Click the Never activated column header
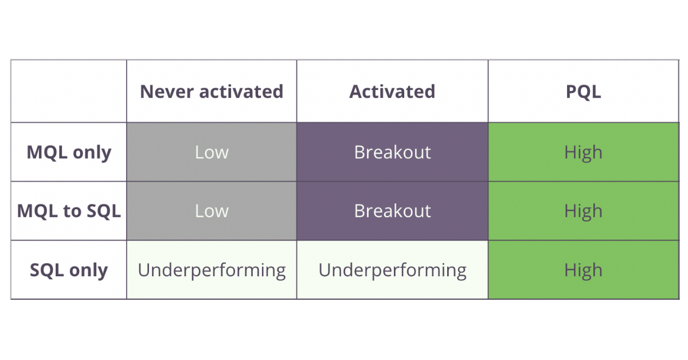coord(212,91)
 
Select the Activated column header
coord(392,91)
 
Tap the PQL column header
coord(583,91)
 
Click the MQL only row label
coord(69,152)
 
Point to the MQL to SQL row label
coord(69,211)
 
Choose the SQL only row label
coord(69,270)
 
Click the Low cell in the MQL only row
coord(212,152)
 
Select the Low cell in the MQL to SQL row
coord(212,211)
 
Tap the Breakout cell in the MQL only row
coord(393,152)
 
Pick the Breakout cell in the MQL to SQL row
coord(393,211)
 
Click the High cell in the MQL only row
coord(583,152)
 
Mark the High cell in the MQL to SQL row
coord(583,212)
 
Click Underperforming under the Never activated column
coord(212,271)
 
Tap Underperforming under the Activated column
coord(393,271)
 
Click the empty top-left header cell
coord(69,91)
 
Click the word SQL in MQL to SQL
coord(104,211)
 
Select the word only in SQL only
coord(88,271)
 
